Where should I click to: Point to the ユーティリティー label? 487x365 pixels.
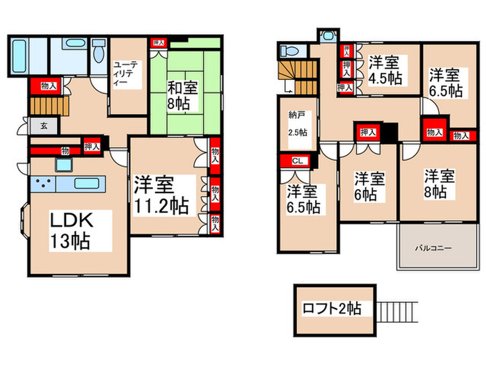click(x=126, y=72)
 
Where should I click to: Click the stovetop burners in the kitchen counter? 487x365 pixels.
click(x=42, y=184)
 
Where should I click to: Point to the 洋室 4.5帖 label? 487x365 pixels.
click(x=385, y=70)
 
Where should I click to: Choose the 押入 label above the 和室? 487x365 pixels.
click(x=159, y=43)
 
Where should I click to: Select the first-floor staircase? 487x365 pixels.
click(x=43, y=106)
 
